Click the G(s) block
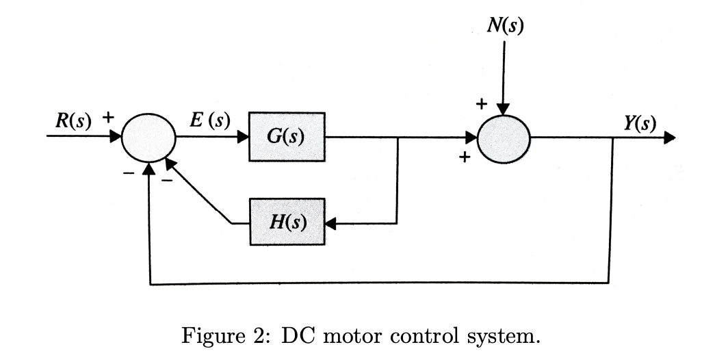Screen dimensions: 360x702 point(287,137)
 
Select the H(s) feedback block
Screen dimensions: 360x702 point(287,222)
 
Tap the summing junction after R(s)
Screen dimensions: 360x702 point(148,137)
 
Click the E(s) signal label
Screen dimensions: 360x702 point(209,120)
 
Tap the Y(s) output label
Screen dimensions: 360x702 point(640,123)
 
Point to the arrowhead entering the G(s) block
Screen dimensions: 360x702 point(243,137)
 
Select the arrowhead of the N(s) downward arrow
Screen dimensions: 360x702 point(503,108)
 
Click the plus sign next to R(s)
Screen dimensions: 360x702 point(107,118)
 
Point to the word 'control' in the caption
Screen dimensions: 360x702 point(427,337)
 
